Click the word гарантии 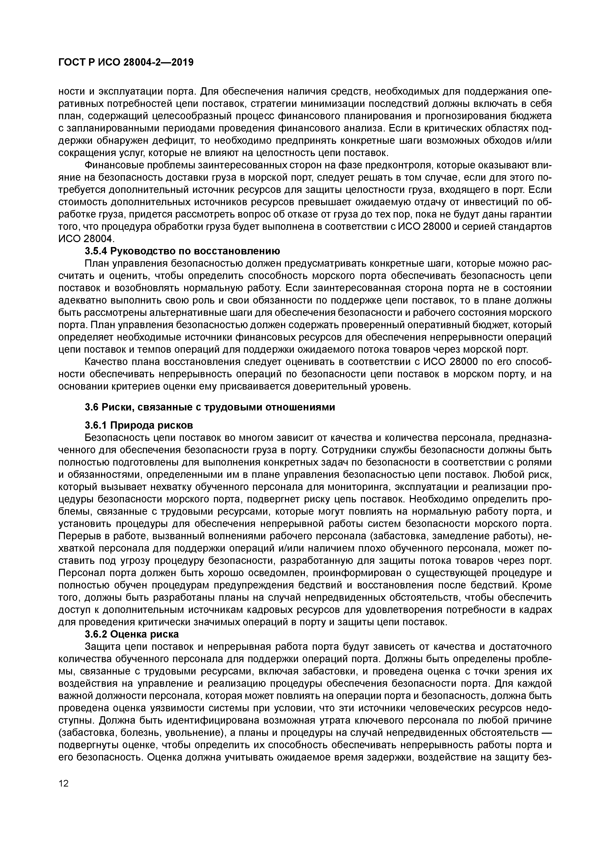pyautogui.click(x=530, y=214)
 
